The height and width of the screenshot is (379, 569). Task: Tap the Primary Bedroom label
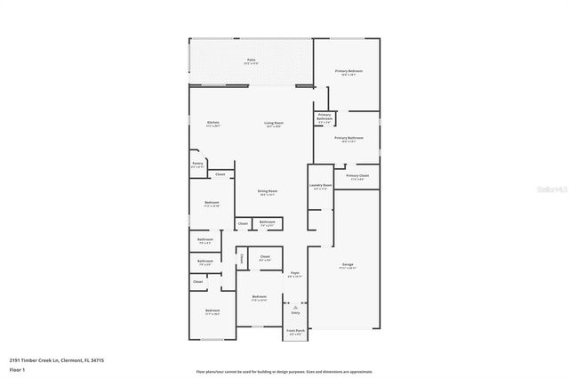(x=349, y=71)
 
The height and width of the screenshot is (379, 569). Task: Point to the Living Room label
(x=273, y=124)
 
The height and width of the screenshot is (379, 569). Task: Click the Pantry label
(x=197, y=164)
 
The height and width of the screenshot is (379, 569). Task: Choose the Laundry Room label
(x=320, y=186)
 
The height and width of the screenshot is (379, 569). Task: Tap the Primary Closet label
(x=357, y=176)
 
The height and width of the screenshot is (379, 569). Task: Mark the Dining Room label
(x=268, y=192)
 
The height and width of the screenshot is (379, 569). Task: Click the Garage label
(x=348, y=265)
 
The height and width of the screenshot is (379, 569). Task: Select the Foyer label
(x=294, y=273)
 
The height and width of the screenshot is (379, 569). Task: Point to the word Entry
(x=295, y=313)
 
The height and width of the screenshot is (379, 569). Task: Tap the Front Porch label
(x=294, y=331)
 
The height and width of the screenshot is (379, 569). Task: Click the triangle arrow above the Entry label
(x=295, y=306)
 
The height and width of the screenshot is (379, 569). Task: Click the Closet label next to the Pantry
(x=220, y=174)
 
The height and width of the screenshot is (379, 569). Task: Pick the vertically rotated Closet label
(x=241, y=258)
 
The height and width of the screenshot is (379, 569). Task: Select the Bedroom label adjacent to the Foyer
(x=259, y=297)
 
